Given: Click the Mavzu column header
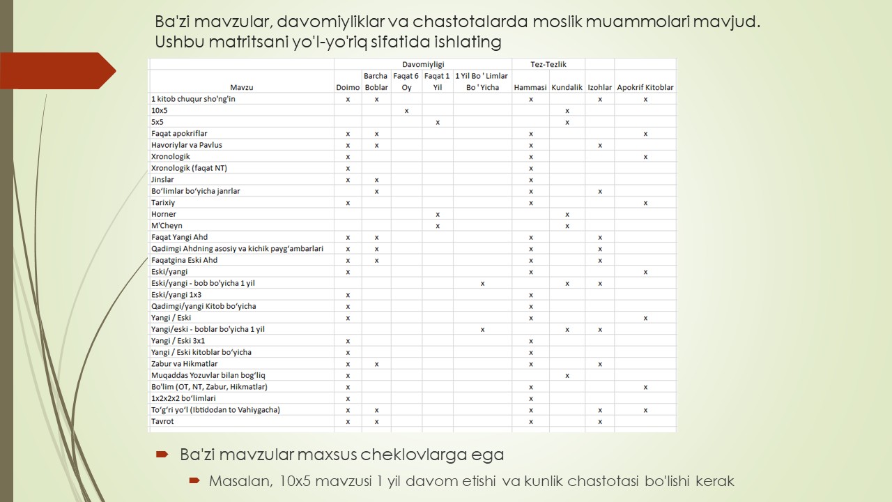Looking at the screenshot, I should pyautogui.click(x=241, y=87).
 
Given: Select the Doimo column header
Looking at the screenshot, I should pyautogui.click(x=348, y=87).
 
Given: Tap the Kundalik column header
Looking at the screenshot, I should pyautogui.click(x=567, y=87).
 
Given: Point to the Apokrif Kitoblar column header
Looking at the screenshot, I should pyautogui.click(x=645, y=87).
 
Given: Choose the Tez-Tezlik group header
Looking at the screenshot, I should pyautogui.click(x=548, y=64).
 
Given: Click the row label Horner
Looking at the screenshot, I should pyautogui.click(x=164, y=214).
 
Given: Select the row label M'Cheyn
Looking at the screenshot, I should pyautogui.click(x=167, y=226).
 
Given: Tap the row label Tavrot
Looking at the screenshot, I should pyautogui.click(x=162, y=421).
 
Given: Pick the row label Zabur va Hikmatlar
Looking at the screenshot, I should pyautogui.click(x=184, y=364).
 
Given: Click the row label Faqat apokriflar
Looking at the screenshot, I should pyautogui.click(x=179, y=133).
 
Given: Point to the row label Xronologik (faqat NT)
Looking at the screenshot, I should pyautogui.click(x=189, y=168).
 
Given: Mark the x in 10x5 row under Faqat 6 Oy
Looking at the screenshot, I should pyautogui.click(x=406, y=111).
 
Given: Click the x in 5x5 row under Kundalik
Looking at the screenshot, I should pyautogui.click(x=567, y=122).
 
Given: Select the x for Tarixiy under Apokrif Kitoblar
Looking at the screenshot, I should pyautogui.click(x=645, y=203).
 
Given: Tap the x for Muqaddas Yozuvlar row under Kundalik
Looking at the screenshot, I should pyautogui.click(x=567, y=375).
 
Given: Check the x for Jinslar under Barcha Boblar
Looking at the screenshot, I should pyautogui.click(x=376, y=180).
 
